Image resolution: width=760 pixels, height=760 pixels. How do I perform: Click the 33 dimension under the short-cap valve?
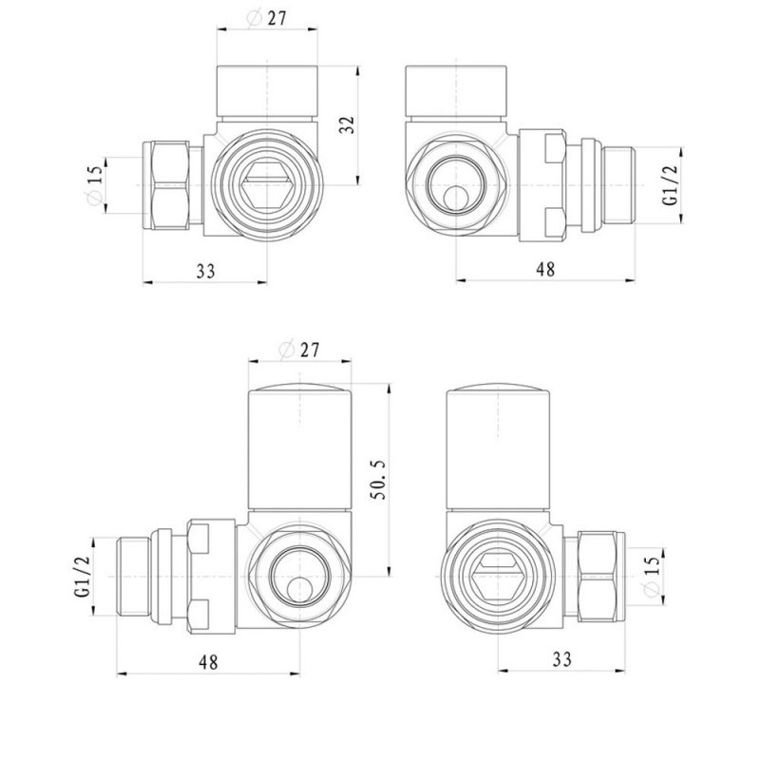(205, 270)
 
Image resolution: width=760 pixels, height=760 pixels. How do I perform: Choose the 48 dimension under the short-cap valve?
(544, 270)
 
